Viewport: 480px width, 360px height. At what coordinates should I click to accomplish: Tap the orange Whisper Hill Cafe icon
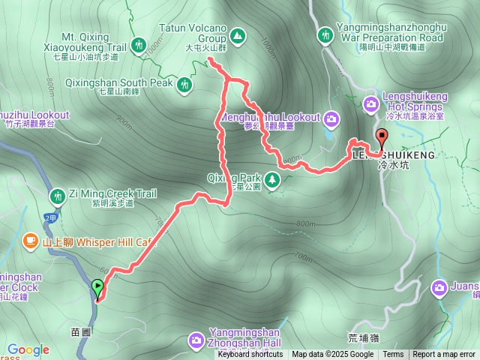point(30,240)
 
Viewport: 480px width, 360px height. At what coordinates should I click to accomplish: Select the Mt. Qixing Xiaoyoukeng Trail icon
point(139,45)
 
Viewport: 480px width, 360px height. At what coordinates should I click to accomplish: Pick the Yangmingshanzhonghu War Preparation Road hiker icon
point(325,34)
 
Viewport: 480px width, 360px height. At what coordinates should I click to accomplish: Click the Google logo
point(28,349)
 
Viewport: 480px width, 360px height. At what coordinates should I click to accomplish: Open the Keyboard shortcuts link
point(250,355)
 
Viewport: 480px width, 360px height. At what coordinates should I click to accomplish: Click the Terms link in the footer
point(393,355)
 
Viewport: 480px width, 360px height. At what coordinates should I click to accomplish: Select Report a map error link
point(444,355)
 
